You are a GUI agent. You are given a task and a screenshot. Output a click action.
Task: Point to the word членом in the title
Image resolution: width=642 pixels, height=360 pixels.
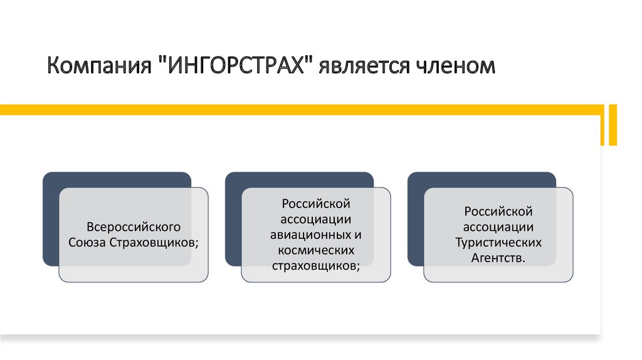coord(452,66)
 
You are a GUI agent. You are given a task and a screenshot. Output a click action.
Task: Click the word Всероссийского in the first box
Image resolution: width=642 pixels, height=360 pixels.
coord(134,226)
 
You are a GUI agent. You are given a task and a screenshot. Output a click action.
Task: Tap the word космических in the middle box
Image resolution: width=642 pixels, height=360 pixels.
coord(316,250)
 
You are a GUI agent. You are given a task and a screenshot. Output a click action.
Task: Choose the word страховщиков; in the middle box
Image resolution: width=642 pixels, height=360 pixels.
coord(316,265)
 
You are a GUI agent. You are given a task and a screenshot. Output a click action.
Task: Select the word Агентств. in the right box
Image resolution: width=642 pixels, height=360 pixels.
coord(498,257)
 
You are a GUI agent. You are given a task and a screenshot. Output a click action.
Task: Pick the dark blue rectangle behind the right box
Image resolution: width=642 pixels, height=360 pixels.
coord(416,220)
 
